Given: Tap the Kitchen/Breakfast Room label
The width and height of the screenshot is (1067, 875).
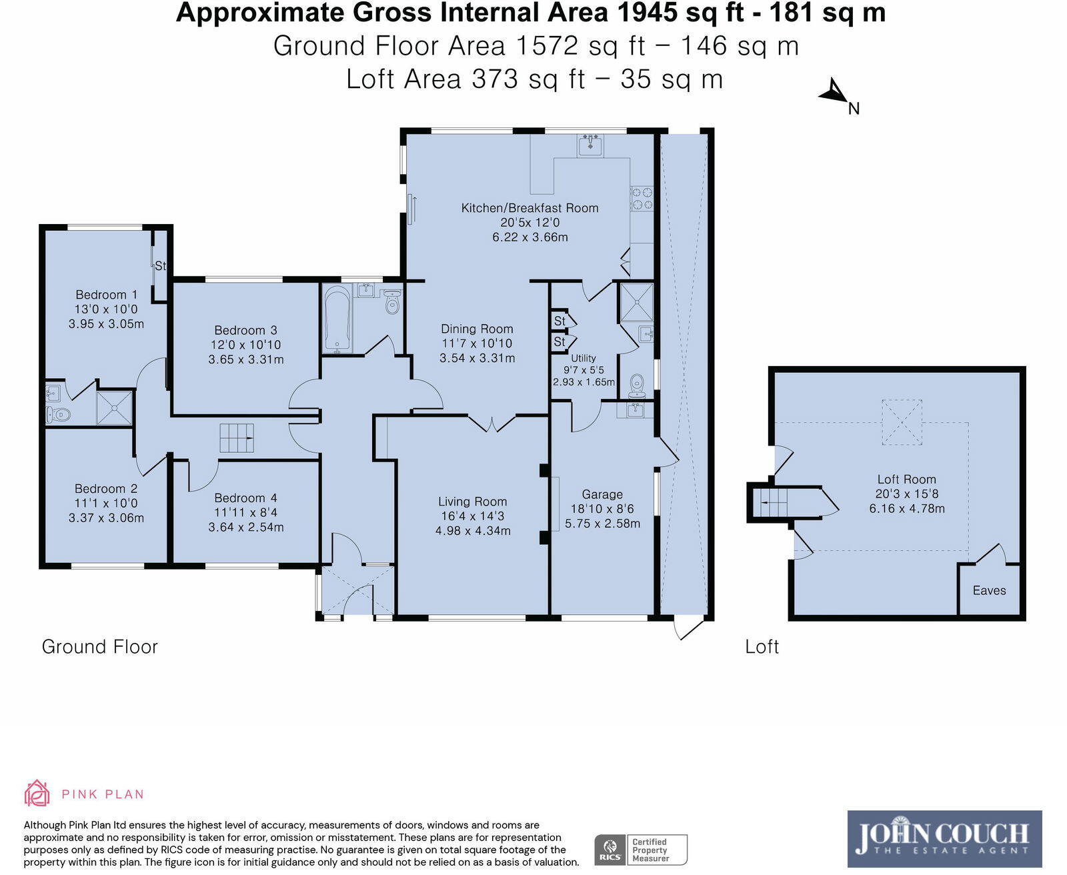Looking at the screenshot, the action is point(529,208).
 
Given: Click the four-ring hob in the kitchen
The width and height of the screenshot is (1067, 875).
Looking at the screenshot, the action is point(642,198).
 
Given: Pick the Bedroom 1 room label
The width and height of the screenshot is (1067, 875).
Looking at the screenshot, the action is point(106,295).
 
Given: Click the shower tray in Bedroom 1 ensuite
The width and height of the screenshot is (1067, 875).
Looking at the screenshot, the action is point(115,407).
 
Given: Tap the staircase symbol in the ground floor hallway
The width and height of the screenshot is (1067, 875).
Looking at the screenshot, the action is point(237,437).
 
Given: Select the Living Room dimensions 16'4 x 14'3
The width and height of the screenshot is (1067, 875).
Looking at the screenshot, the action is point(473,516).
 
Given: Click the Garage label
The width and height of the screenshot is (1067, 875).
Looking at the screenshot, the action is point(602,494).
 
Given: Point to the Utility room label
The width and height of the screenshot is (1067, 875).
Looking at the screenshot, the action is point(584,358).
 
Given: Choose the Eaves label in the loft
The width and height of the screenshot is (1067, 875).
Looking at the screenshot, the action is point(989,591).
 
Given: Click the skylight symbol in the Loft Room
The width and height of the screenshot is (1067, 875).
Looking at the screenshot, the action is point(902,423).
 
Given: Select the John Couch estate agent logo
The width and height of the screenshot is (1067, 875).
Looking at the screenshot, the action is point(944,839).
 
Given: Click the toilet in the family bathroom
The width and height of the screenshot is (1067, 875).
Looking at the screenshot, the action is point(392,302).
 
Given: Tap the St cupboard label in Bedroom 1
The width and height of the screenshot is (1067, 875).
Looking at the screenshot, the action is point(160,265).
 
